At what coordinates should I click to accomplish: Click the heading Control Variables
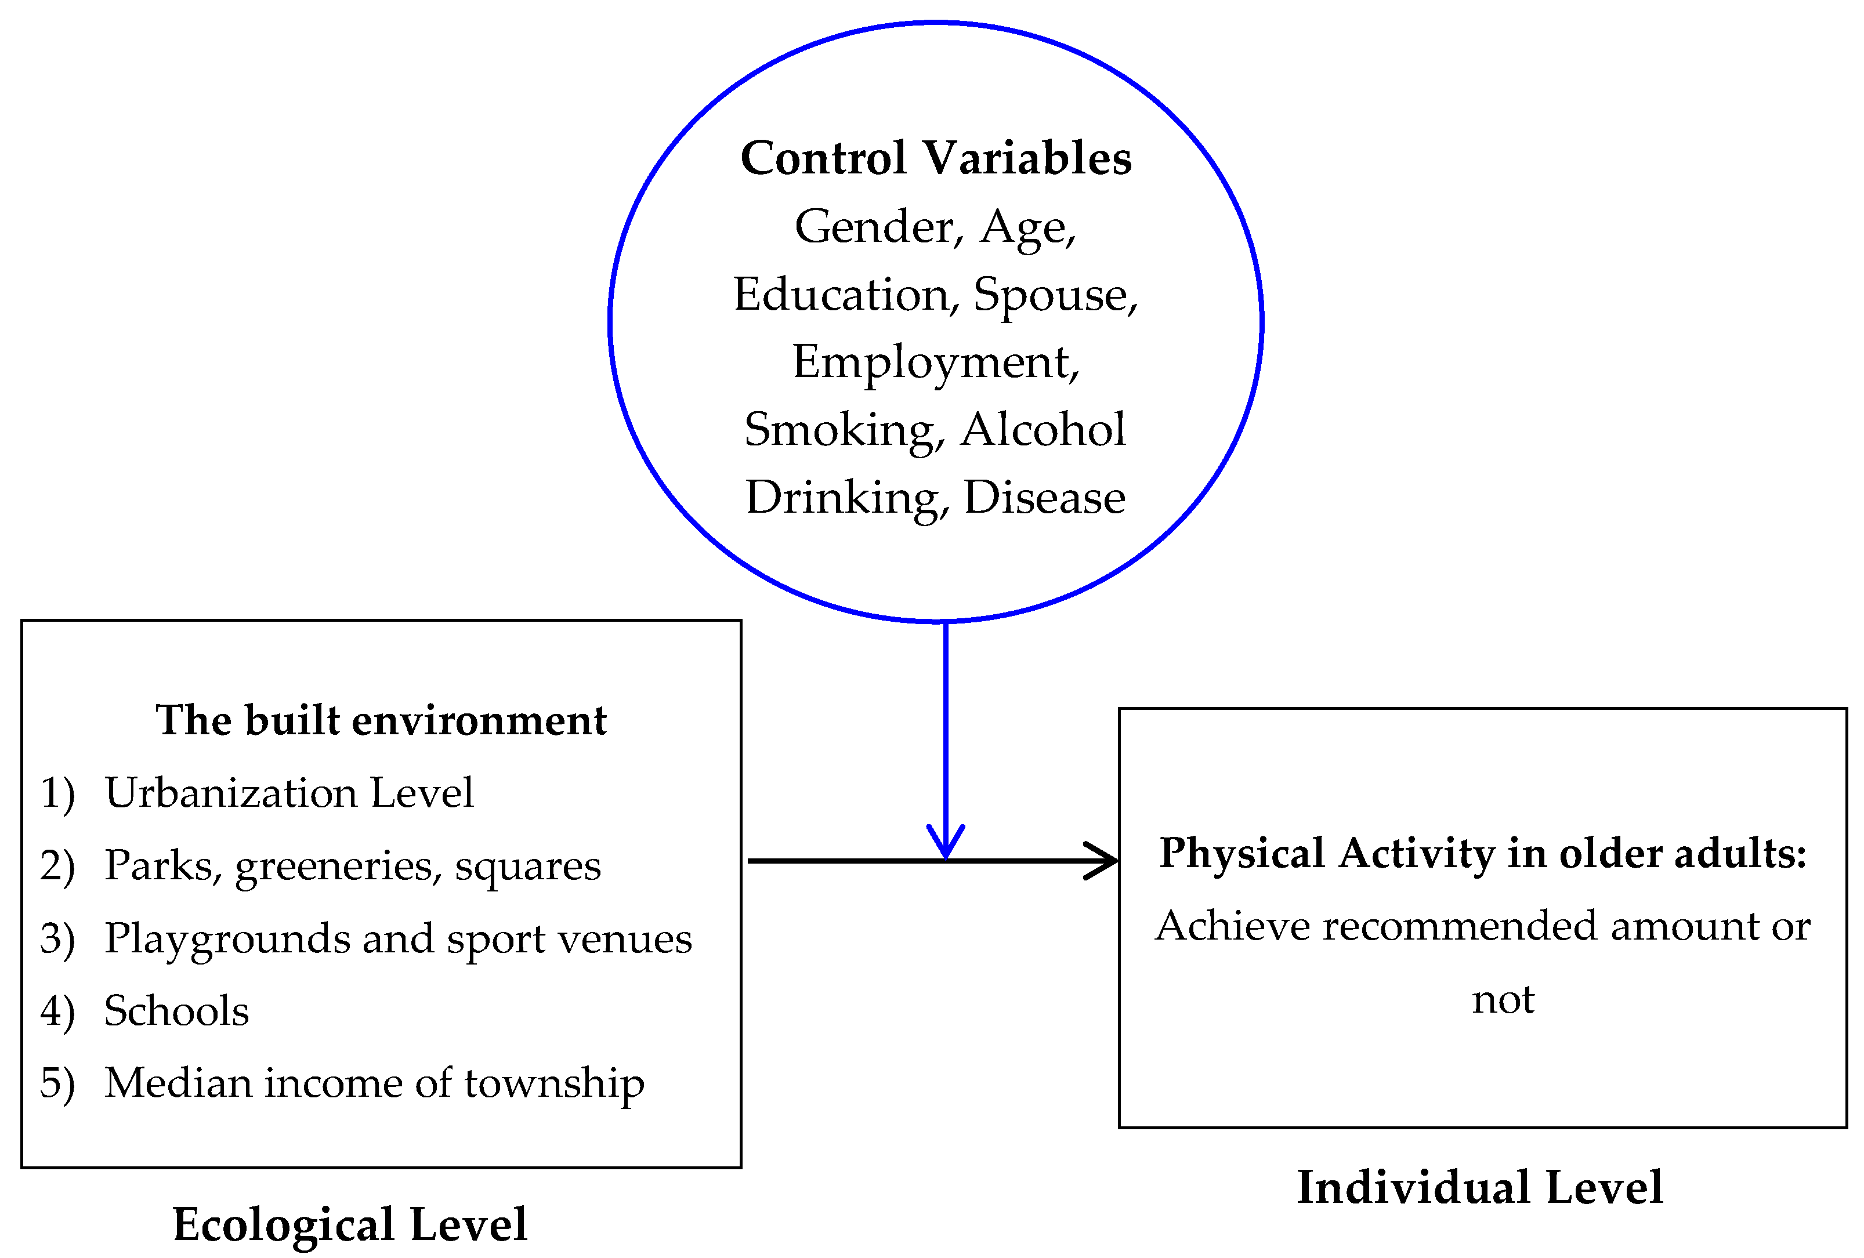tap(935, 158)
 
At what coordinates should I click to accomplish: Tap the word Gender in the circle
tap(877, 227)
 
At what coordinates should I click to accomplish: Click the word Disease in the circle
tap(1044, 498)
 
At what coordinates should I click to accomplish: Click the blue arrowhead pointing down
tap(946, 843)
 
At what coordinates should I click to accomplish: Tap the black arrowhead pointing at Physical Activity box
tap(1102, 861)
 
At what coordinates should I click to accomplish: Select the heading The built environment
tap(381, 720)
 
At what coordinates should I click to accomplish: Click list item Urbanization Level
tap(289, 793)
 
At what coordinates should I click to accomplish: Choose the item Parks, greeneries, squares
tap(352, 866)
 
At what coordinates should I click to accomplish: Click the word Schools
tap(176, 1010)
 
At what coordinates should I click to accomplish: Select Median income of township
tap(374, 1083)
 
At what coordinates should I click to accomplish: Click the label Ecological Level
tap(350, 1224)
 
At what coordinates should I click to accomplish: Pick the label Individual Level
tap(1480, 1187)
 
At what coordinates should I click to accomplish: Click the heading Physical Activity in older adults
tap(1483, 853)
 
